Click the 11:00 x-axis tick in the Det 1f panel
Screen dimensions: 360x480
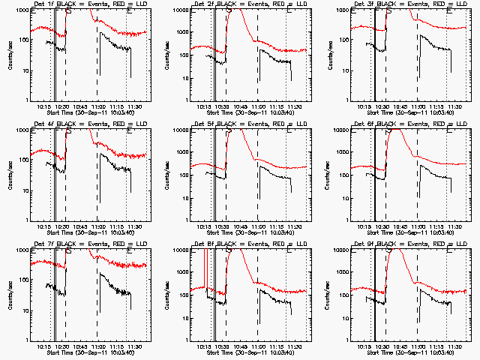[x=97, y=106]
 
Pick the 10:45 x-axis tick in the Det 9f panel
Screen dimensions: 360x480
[x=400, y=346]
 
